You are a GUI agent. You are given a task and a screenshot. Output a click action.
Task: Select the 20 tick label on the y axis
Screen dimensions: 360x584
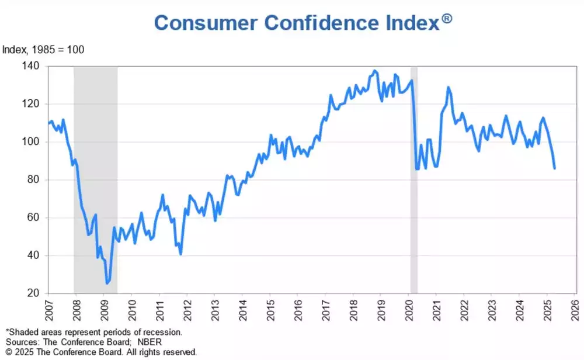[34, 293]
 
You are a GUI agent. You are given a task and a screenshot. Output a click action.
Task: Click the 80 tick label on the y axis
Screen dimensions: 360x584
[34, 179]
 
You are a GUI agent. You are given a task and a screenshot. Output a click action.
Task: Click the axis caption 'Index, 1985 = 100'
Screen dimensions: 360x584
[43, 50]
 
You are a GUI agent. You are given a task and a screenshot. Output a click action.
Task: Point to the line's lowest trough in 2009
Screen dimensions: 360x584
[107, 283]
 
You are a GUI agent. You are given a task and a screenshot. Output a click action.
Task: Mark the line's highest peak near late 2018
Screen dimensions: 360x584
[374, 71]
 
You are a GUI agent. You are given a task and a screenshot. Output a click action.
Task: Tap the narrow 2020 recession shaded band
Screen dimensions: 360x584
[414, 175]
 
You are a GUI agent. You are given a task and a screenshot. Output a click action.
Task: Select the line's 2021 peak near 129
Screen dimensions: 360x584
[448, 88]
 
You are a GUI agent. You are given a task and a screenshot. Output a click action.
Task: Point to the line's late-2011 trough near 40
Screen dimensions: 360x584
[180, 254]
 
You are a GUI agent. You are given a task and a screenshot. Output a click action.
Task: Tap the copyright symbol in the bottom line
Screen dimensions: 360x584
[8, 352]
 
